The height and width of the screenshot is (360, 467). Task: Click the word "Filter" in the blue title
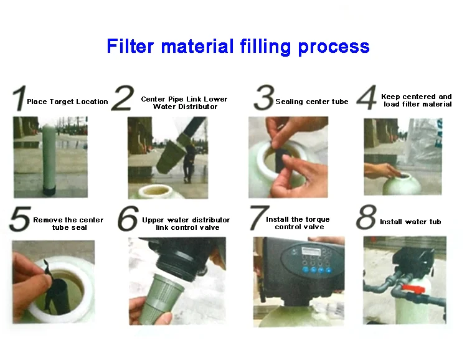(x=130, y=46)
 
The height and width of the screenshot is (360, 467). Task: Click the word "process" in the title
(x=334, y=47)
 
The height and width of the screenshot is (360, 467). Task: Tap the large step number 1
(x=19, y=98)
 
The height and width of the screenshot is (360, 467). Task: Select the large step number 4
(x=367, y=97)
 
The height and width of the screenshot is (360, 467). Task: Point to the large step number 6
(x=128, y=219)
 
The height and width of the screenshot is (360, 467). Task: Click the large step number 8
(x=366, y=217)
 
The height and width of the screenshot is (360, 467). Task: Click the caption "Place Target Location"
(x=67, y=102)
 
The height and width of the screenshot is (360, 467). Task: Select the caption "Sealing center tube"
(x=312, y=102)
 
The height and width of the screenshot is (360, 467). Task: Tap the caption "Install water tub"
(x=410, y=222)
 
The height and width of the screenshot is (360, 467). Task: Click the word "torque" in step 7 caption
(x=317, y=220)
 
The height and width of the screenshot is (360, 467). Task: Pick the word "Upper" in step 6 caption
(x=153, y=220)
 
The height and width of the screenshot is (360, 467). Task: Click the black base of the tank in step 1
(x=49, y=191)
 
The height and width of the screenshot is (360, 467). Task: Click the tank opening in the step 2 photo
(x=156, y=191)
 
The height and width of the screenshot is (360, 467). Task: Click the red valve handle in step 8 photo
(x=413, y=288)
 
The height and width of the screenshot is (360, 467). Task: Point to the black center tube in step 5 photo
(x=60, y=296)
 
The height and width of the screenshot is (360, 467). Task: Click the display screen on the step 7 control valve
(x=311, y=251)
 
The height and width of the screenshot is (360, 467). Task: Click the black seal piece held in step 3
(x=281, y=159)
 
